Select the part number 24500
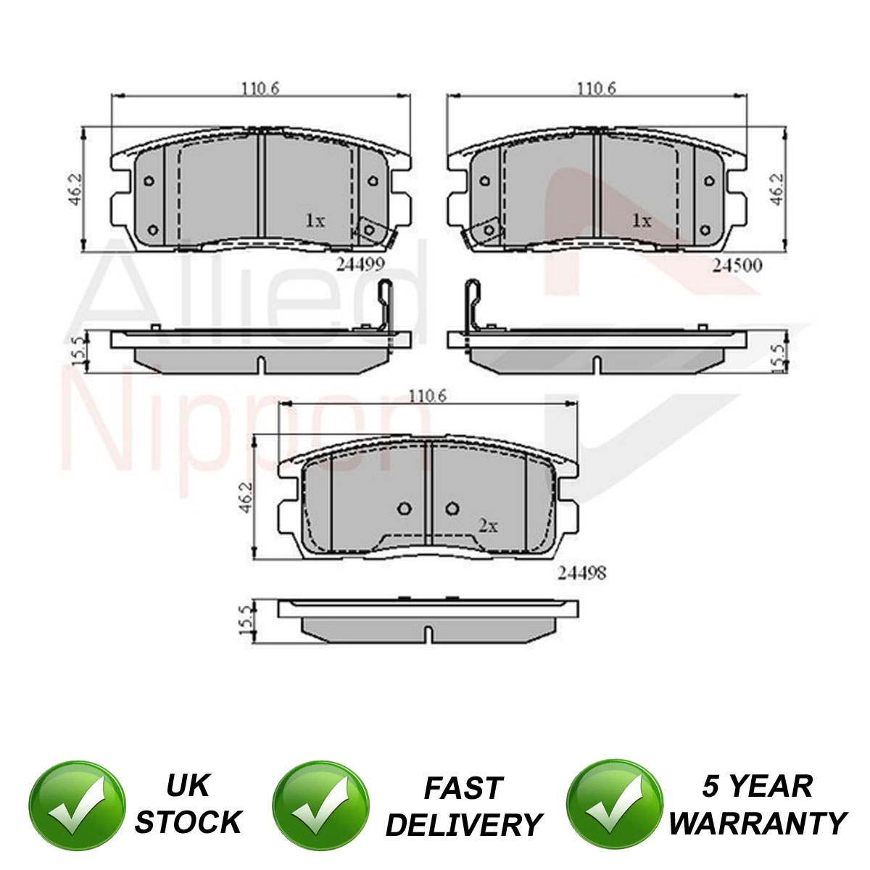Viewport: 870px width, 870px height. pyautogui.click(x=737, y=265)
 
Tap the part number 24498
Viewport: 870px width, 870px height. pyautogui.click(x=582, y=573)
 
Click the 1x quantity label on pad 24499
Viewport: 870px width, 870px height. pyautogui.click(x=315, y=221)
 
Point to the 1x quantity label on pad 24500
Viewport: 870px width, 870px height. pyautogui.click(x=642, y=221)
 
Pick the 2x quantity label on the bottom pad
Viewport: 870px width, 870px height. pyautogui.click(x=488, y=526)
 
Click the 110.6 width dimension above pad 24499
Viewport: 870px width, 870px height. pyautogui.click(x=260, y=88)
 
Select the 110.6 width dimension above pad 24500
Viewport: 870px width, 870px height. pyautogui.click(x=597, y=88)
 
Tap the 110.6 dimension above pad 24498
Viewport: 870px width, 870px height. pyautogui.click(x=427, y=397)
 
